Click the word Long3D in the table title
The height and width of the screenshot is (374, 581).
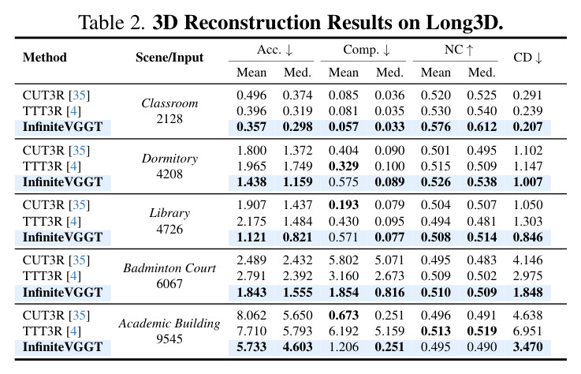click(464, 22)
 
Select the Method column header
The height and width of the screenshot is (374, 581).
click(45, 57)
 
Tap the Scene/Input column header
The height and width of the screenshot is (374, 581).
click(169, 58)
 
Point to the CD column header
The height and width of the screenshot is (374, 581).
click(527, 58)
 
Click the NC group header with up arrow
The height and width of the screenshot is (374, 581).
click(459, 50)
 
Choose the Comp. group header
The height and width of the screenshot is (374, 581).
click(367, 50)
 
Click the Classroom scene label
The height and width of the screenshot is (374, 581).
click(169, 103)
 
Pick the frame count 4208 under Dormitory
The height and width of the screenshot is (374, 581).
click(169, 174)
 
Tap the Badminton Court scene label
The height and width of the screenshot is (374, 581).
click(169, 268)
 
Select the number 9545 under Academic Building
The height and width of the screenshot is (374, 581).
click(169, 338)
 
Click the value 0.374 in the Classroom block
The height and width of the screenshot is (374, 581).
click(297, 95)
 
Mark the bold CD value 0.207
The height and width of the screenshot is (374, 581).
click(527, 127)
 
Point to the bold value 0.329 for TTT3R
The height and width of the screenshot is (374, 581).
click(344, 166)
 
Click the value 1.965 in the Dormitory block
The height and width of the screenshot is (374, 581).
click(251, 166)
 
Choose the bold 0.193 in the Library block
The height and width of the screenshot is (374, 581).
click(344, 205)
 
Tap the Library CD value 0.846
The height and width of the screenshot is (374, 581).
click(527, 237)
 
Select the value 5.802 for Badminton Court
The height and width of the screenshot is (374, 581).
click(344, 260)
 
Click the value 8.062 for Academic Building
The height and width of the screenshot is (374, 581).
click(251, 316)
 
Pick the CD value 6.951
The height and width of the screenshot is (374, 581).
click(527, 331)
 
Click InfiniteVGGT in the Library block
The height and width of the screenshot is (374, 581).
click(62, 237)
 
